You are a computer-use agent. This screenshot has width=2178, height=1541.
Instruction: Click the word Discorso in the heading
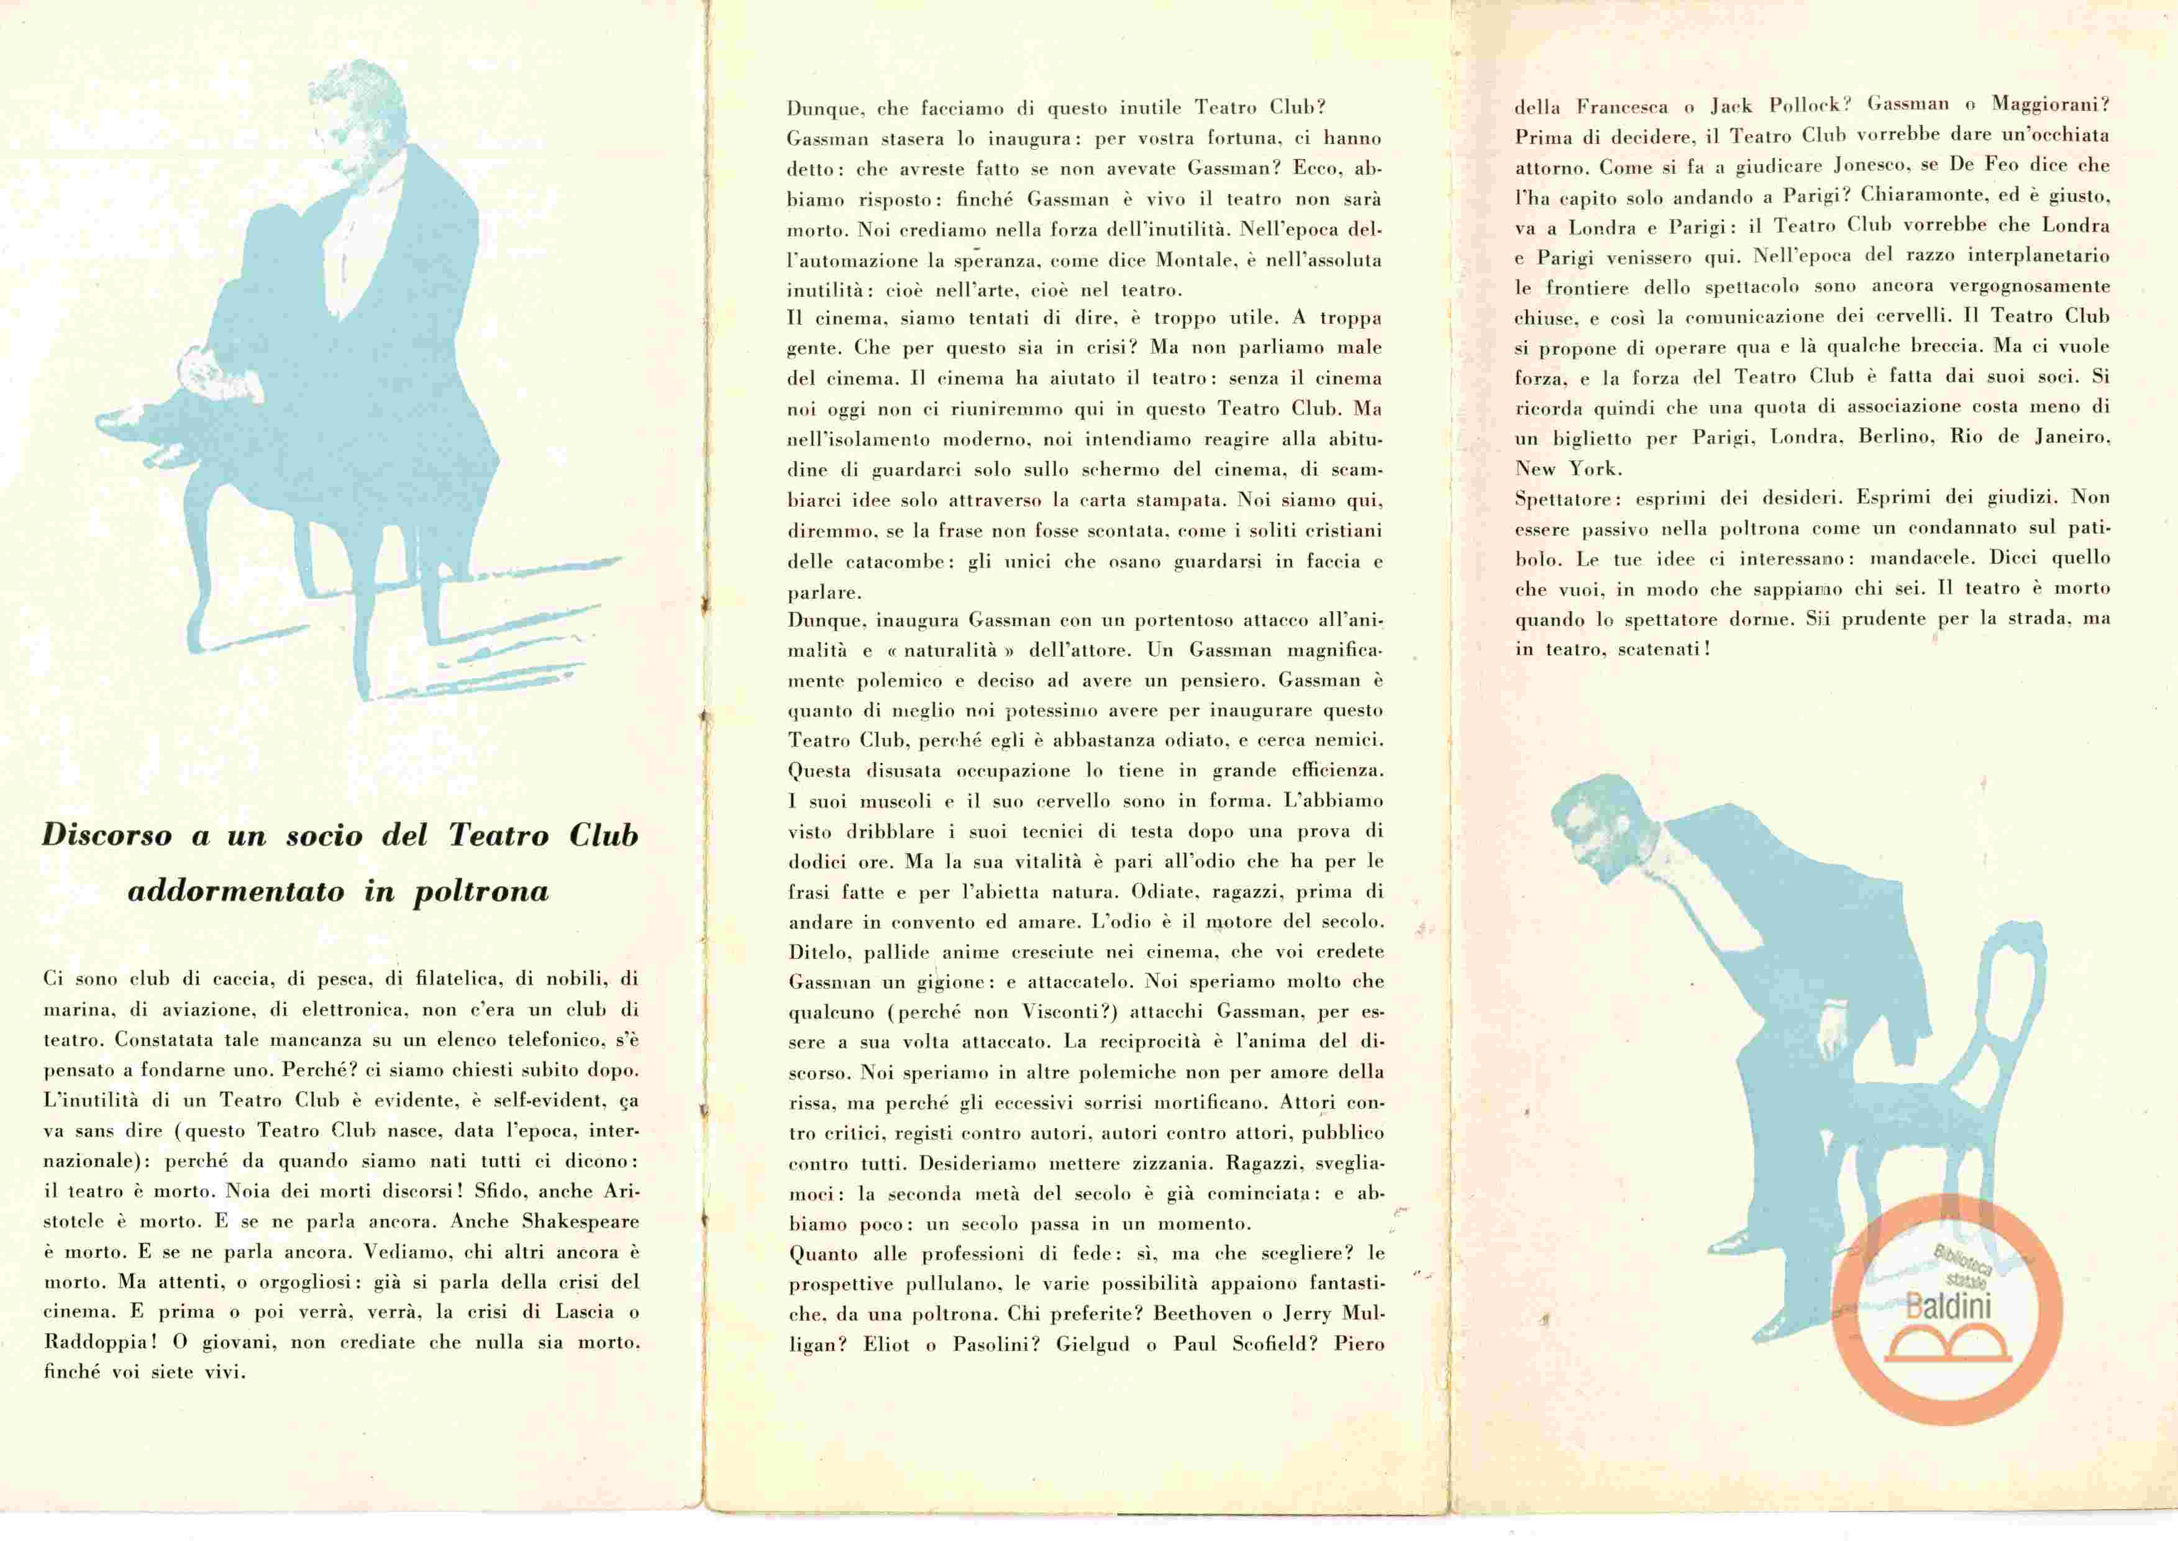click(107, 836)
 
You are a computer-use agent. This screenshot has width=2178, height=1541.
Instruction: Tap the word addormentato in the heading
click(235, 892)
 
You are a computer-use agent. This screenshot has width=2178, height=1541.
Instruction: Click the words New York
click(1568, 469)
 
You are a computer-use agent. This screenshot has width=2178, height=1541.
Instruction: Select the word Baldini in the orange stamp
click(1948, 1307)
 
